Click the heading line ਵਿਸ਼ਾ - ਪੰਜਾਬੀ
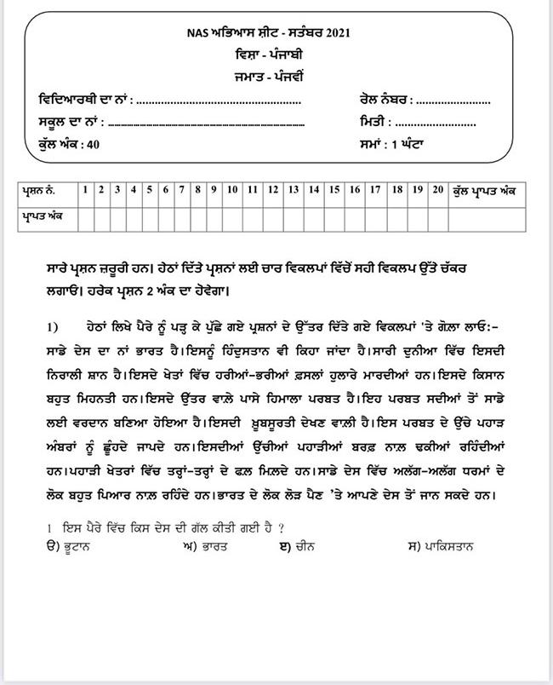coord(277,54)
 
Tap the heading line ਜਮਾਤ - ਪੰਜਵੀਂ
coord(277,75)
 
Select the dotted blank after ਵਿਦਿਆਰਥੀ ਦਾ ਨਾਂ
coord(219,101)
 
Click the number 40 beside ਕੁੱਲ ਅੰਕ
coord(94,145)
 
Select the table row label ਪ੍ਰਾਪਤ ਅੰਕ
coord(42,216)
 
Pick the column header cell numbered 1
coord(85,189)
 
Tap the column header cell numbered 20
coord(437,189)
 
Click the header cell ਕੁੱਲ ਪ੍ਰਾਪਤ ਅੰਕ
coord(491,189)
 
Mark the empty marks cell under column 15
coord(334,216)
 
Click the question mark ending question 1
coord(281,528)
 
